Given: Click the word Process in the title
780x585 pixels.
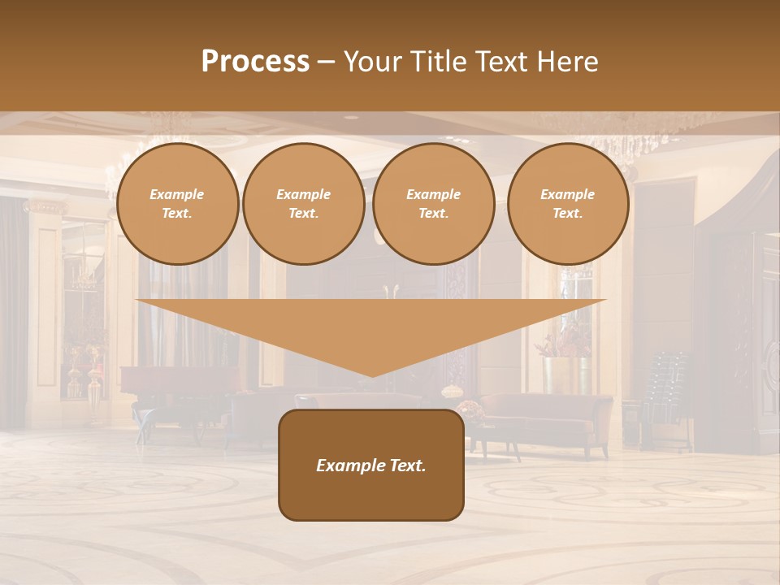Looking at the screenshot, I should click(255, 61).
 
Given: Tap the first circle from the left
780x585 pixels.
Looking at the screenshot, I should click(177, 204).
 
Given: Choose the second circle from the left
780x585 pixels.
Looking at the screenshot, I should click(303, 204).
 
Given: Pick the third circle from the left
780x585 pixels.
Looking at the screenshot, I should click(433, 204).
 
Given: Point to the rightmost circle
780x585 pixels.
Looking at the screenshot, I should click(567, 204).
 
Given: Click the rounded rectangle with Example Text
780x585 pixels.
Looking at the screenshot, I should click(370, 465).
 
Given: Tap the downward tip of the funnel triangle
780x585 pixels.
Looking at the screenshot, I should click(371, 373).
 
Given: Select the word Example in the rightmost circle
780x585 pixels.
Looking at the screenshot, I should click(567, 195).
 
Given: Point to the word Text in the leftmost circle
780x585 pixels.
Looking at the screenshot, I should click(177, 214).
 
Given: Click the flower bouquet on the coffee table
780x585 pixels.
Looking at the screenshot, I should click(470, 409).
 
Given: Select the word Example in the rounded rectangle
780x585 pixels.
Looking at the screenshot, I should click(349, 466).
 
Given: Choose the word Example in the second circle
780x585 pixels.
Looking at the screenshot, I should click(303, 195).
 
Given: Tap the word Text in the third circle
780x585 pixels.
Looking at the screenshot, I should click(433, 214).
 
